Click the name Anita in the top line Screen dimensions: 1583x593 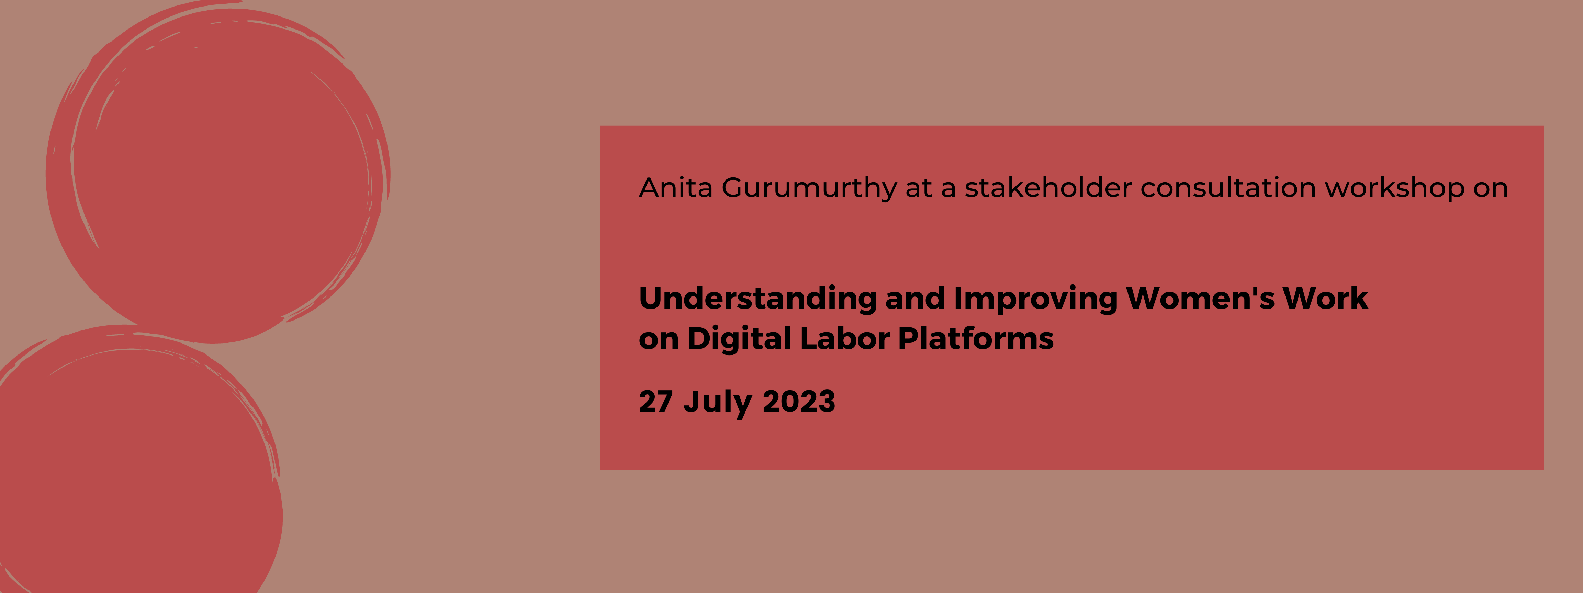(676, 187)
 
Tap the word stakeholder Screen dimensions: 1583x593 (1048, 187)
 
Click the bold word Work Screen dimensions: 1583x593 (1325, 298)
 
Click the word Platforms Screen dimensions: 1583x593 (976, 338)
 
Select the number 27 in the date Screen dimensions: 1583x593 (656, 402)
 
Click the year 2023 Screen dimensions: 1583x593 (799, 402)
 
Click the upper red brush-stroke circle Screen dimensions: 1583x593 (218, 172)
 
